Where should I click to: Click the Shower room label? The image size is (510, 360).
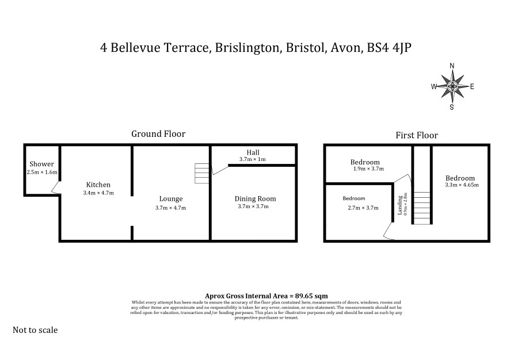[x=41, y=164]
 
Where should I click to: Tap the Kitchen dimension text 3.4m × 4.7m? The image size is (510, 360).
[x=98, y=193]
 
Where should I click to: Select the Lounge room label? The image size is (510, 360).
[x=171, y=199]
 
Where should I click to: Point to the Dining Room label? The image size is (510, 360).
[x=256, y=199]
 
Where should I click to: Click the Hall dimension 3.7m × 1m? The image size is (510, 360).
[x=252, y=159]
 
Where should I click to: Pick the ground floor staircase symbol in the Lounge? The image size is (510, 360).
[x=201, y=173]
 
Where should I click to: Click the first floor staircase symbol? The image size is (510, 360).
[x=422, y=208]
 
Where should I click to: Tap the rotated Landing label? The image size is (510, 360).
[x=400, y=205]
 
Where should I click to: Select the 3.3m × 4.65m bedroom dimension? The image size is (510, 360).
[x=462, y=185]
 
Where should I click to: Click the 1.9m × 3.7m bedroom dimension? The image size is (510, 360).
[x=368, y=169]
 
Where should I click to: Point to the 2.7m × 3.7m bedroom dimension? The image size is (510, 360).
[x=363, y=208]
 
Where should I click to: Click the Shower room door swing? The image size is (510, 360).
[x=56, y=188]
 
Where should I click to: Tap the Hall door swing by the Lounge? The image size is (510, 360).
[x=220, y=170]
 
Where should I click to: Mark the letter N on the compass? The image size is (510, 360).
[x=452, y=66]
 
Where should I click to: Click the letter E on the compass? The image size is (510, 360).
[x=472, y=86]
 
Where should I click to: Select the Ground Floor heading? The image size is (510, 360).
[x=158, y=134]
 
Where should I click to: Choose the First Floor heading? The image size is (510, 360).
[x=417, y=135]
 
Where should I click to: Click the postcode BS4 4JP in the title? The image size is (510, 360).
[x=389, y=48]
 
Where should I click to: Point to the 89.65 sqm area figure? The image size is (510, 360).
[x=311, y=296]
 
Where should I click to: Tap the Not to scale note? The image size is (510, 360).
[x=35, y=330]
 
